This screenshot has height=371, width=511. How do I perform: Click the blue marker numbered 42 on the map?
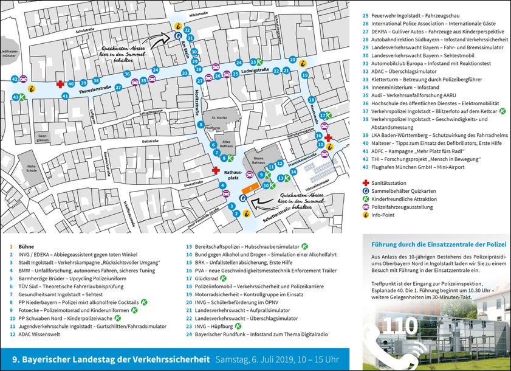[15, 79]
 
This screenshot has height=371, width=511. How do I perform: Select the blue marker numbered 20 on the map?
[293, 60]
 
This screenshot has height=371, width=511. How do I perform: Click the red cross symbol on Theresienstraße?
[60, 85]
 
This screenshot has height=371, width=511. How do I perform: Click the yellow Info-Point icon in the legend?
[365, 215]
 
